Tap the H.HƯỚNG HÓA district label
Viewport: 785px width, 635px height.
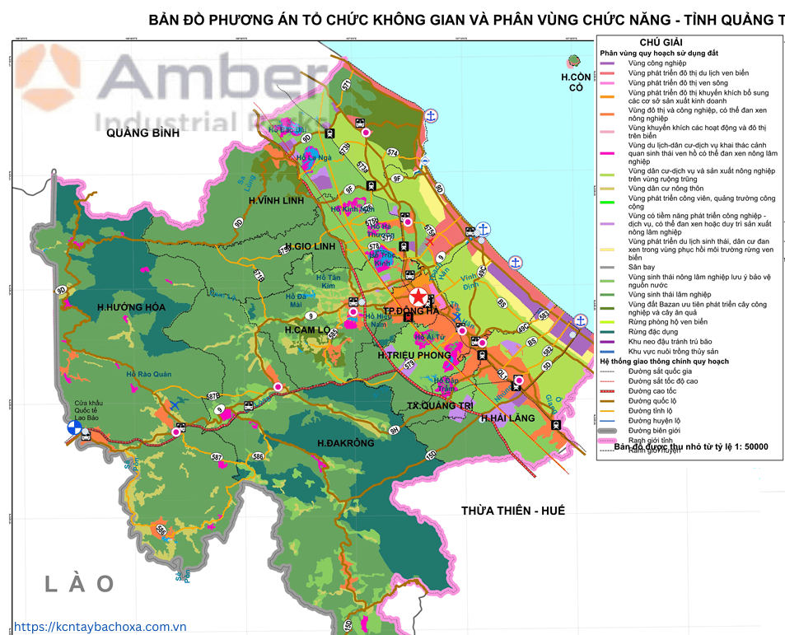point(131,307)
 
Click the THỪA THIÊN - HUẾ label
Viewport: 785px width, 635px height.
point(513,511)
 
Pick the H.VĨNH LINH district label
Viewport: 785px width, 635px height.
point(276,200)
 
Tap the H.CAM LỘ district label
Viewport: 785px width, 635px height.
point(307,329)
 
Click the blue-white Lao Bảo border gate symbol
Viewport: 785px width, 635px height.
point(74,429)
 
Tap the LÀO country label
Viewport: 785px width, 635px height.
point(79,583)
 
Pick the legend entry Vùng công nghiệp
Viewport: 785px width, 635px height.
point(656,63)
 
